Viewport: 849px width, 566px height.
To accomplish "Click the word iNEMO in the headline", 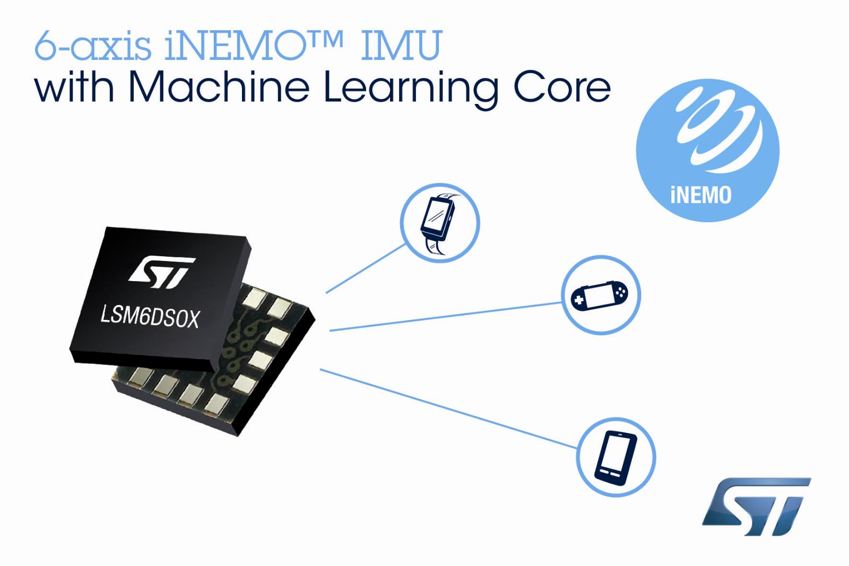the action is tap(236, 46).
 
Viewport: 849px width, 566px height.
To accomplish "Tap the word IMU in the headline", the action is tap(402, 46).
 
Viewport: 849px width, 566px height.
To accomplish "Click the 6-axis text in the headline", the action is tap(93, 46).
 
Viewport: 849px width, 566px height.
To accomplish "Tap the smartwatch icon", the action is tap(440, 223).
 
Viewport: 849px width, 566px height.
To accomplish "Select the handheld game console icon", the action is tap(599, 295).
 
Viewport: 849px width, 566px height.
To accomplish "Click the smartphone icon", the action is tap(616, 458).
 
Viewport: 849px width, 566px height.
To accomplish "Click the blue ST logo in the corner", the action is tap(756, 507).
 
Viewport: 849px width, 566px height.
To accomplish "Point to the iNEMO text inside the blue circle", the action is tap(701, 195).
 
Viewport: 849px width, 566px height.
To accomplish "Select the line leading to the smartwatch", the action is tap(366, 268).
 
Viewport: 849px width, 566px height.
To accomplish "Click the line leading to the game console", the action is tap(445, 317).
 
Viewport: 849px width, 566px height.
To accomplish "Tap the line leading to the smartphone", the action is tap(449, 408).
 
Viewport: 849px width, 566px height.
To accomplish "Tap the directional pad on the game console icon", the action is tap(579, 300).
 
